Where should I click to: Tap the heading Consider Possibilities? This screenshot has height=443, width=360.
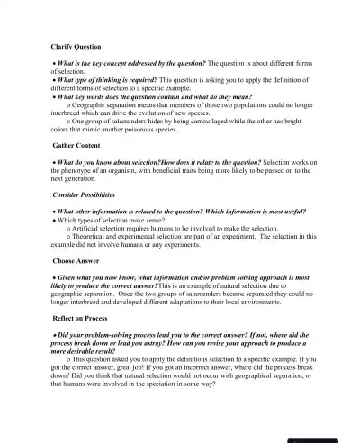pos(84,194)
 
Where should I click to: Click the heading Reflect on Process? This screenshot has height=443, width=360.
pos(80,318)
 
